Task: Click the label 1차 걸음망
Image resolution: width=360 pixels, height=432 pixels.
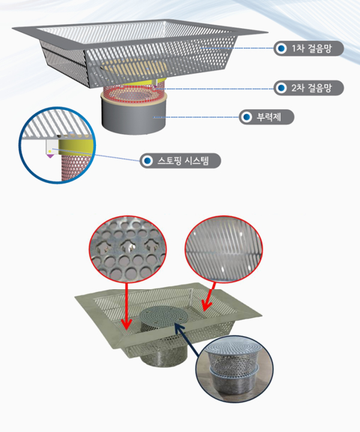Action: tap(308, 48)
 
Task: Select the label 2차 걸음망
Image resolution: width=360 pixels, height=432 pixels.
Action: tap(308, 88)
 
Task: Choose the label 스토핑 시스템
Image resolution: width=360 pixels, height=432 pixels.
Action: tap(179, 161)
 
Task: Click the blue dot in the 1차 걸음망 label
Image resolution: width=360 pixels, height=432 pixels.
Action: tap(281, 48)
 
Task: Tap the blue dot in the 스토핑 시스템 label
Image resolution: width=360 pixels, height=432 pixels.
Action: tap(147, 161)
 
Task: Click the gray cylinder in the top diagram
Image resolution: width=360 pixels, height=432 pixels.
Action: tap(133, 117)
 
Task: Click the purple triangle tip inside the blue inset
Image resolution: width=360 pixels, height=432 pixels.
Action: tap(50, 155)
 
